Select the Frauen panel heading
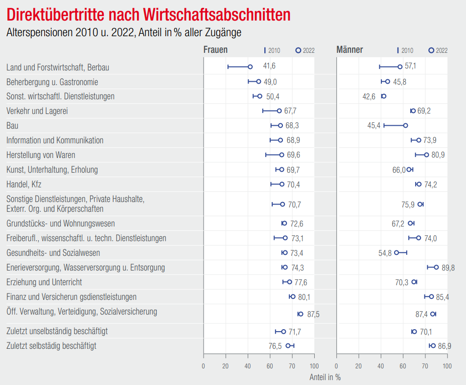coord(215,50)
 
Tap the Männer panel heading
coord(349,50)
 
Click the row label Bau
coord(12,126)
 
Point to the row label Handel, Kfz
coord(23,184)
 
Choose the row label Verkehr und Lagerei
coord(37,111)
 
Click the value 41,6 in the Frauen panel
coord(269,66)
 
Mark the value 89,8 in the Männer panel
coord(448,268)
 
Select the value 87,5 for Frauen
coord(313,314)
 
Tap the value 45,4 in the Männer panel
coord(374,126)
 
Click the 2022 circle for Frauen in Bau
coord(280,126)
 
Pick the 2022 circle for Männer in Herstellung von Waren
coord(426,155)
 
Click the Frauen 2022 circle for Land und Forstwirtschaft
coord(250,67)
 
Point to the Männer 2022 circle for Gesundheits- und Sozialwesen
coord(396,253)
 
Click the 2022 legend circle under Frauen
coord(298,50)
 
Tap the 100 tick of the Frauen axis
coord(314,365)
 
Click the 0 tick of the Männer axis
coord(337,365)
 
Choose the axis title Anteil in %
coord(325,377)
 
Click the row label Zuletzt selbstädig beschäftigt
coord(51,346)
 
